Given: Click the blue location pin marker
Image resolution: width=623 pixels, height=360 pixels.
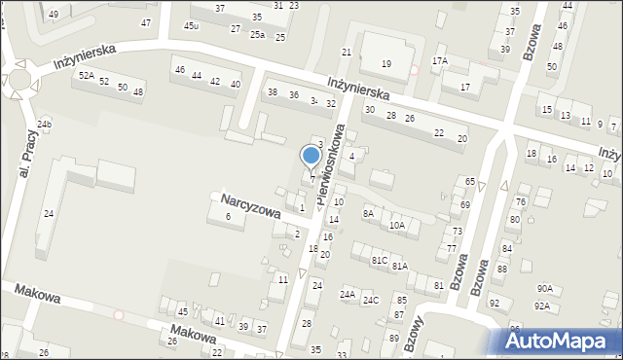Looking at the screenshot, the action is tap(311, 157).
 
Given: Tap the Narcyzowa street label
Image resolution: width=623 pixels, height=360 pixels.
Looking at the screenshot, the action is tap(250, 204).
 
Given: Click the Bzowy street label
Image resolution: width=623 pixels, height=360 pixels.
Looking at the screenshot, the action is tap(411, 337).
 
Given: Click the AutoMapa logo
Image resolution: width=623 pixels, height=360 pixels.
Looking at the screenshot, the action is tap(561, 341).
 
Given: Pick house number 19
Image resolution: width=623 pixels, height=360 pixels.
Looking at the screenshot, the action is tap(386, 64).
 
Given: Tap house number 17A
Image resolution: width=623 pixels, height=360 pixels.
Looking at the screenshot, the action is tap(440, 61).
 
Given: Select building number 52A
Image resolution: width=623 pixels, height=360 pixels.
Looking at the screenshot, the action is tap(87, 76).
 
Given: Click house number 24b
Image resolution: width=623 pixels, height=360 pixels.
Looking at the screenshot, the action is tap(44, 124).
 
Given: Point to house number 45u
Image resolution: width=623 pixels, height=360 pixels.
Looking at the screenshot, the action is tap(191, 26).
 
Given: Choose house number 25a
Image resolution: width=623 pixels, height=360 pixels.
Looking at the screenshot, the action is tap(257, 35).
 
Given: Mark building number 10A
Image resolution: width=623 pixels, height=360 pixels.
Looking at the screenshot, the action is tap(396, 226).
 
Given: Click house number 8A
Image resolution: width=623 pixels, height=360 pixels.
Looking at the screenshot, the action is tap(368, 213).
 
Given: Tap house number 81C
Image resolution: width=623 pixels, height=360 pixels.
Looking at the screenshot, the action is tap(380, 261).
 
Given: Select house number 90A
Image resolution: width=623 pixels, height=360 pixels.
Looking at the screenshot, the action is tap(544, 289).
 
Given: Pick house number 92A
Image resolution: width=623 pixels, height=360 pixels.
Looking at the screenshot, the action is tap(541, 306).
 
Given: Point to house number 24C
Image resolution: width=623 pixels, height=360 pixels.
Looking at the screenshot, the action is tap(371, 300).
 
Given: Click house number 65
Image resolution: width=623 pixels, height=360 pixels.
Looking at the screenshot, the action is tap(469, 182).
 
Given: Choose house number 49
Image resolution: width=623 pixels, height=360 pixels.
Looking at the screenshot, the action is tap(53, 15).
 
